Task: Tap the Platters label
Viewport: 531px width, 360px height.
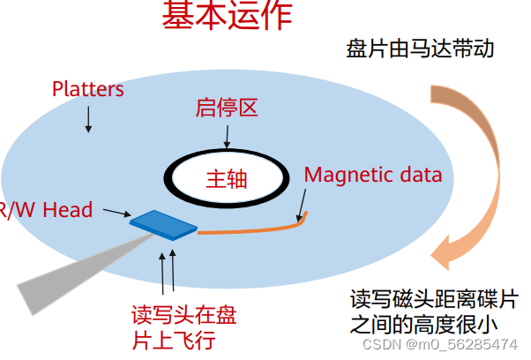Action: (87, 89)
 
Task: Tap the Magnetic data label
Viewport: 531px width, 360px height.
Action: (372, 174)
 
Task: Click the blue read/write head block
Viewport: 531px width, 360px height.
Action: (164, 224)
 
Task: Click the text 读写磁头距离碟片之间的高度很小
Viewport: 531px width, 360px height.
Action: (433, 308)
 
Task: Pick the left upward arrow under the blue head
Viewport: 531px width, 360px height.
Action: (162, 274)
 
